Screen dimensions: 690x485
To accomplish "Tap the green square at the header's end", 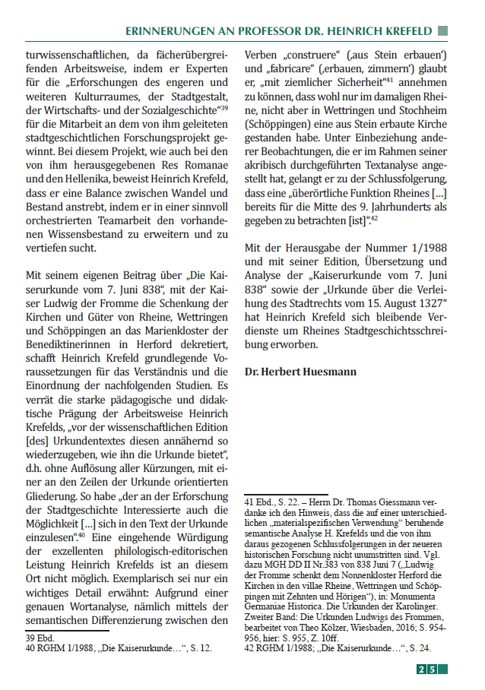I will click(x=443, y=31).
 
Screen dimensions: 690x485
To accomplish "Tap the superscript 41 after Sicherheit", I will click(x=387, y=79).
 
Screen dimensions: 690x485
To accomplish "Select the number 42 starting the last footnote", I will click(x=249, y=649).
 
